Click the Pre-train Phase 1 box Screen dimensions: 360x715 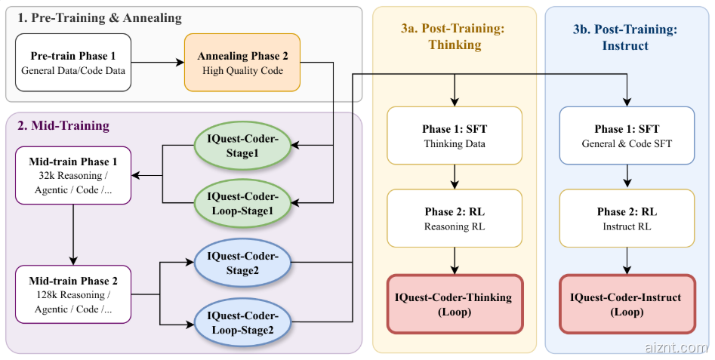click(72, 63)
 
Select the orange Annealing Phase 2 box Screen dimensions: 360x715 click(242, 63)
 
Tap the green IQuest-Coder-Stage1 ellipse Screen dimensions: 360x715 click(242, 143)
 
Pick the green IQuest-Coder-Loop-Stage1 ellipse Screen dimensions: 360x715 click(242, 202)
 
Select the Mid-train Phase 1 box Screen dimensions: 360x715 click(73, 176)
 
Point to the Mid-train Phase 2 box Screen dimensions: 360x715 click(73, 294)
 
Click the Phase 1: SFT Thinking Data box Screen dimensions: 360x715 click(455, 135)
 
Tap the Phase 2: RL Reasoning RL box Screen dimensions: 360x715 click(455, 218)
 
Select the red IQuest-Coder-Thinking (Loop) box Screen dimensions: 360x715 click(455, 303)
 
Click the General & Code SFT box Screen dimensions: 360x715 click(627, 135)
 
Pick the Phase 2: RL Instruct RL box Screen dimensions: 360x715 click(627, 218)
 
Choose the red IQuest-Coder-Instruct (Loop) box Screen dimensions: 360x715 click(627, 303)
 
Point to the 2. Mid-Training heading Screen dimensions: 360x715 click(63, 125)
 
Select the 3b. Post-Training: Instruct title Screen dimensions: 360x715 click(626, 36)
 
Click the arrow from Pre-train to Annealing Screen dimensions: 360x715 click(157, 63)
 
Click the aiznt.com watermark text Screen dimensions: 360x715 click(676, 346)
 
